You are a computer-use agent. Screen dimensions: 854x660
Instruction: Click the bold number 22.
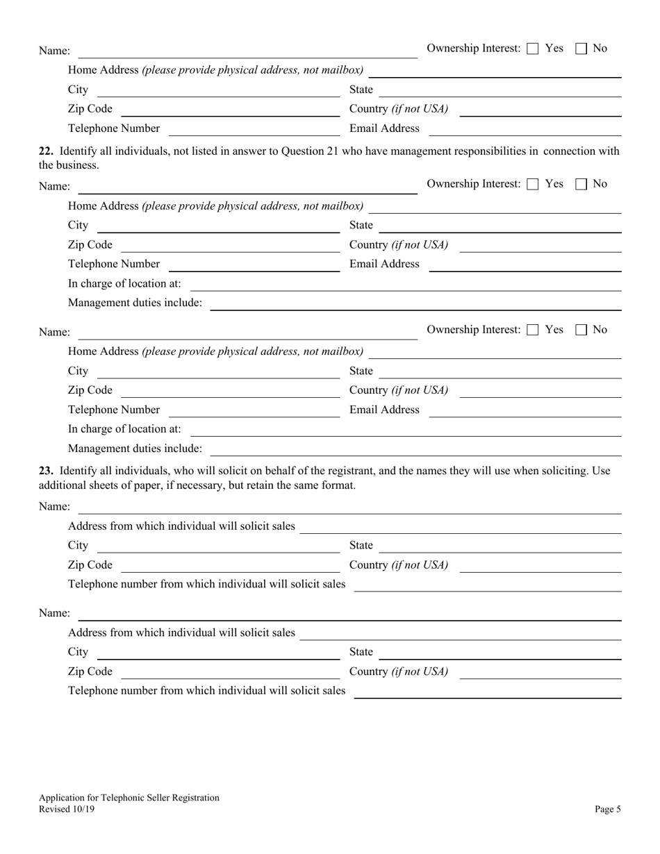pyautogui.click(x=46, y=151)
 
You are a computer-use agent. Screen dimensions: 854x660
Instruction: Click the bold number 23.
pyautogui.click(x=46, y=471)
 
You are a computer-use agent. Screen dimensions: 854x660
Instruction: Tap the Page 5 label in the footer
pyautogui.click(x=608, y=809)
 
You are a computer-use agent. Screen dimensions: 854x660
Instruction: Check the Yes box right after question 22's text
pyautogui.click(x=533, y=184)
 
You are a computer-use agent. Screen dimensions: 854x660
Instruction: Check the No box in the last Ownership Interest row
pyautogui.click(x=581, y=330)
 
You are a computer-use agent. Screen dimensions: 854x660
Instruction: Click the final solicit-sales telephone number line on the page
pyautogui.click(x=487, y=696)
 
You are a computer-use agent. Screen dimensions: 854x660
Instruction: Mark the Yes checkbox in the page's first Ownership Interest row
pyautogui.click(x=533, y=49)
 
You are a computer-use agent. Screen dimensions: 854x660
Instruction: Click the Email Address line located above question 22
pyautogui.click(x=525, y=134)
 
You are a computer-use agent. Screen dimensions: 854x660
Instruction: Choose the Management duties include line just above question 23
pyautogui.click(x=415, y=454)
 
